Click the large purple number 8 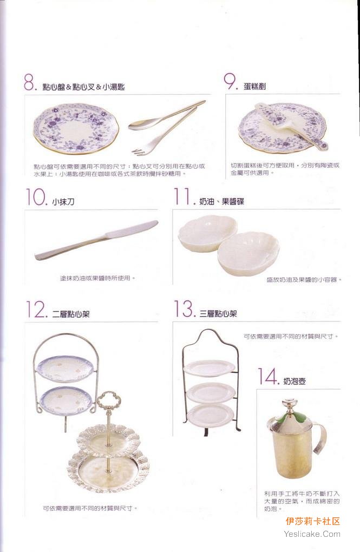[29, 83]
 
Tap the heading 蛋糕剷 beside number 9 [254, 86]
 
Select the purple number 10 [36, 196]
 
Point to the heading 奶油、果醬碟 [221, 202]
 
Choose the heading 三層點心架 [218, 313]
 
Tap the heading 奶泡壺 [294, 382]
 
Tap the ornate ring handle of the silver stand [108, 400]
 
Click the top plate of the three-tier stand [210, 368]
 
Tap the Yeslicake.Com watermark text [312, 534]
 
